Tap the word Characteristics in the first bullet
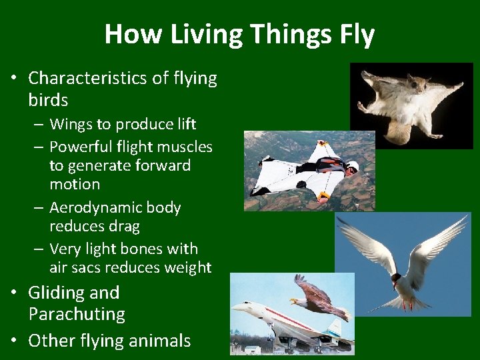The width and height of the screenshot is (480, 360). (89, 79)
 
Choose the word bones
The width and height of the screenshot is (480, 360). (143, 249)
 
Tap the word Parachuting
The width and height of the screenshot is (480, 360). (77, 314)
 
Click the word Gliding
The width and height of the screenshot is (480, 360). (55, 293)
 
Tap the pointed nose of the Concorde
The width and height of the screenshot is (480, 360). (235, 307)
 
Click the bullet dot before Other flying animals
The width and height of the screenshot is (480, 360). (13, 341)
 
